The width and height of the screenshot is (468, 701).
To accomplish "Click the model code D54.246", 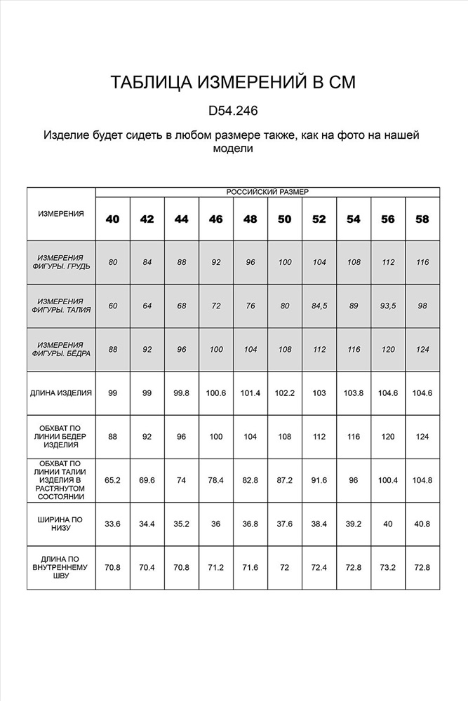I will click(234, 111).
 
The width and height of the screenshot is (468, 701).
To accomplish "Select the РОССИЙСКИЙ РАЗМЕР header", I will click(267, 191).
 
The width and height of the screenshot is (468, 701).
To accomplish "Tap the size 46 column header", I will click(216, 219).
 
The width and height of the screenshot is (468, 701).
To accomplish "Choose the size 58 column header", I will click(422, 219).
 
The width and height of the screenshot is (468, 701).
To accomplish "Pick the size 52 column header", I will click(319, 219).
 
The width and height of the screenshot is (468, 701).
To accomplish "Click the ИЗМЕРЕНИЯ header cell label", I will click(60, 214).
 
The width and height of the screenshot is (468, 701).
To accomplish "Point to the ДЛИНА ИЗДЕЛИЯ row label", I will click(60, 393).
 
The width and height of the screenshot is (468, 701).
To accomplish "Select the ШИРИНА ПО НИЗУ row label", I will click(60, 524).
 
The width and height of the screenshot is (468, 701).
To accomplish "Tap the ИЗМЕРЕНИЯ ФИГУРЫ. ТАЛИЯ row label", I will click(60, 306).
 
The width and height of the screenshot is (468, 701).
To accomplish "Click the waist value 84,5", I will click(319, 306).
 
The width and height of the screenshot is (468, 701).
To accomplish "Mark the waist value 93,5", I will click(388, 306).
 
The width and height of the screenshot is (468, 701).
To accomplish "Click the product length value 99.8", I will click(182, 393).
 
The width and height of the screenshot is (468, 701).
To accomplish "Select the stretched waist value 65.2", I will click(113, 480).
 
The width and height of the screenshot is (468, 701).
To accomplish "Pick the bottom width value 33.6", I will click(113, 524).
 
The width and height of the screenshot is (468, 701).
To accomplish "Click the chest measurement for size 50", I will click(285, 262).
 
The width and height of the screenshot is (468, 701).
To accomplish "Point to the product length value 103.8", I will click(354, 393).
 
